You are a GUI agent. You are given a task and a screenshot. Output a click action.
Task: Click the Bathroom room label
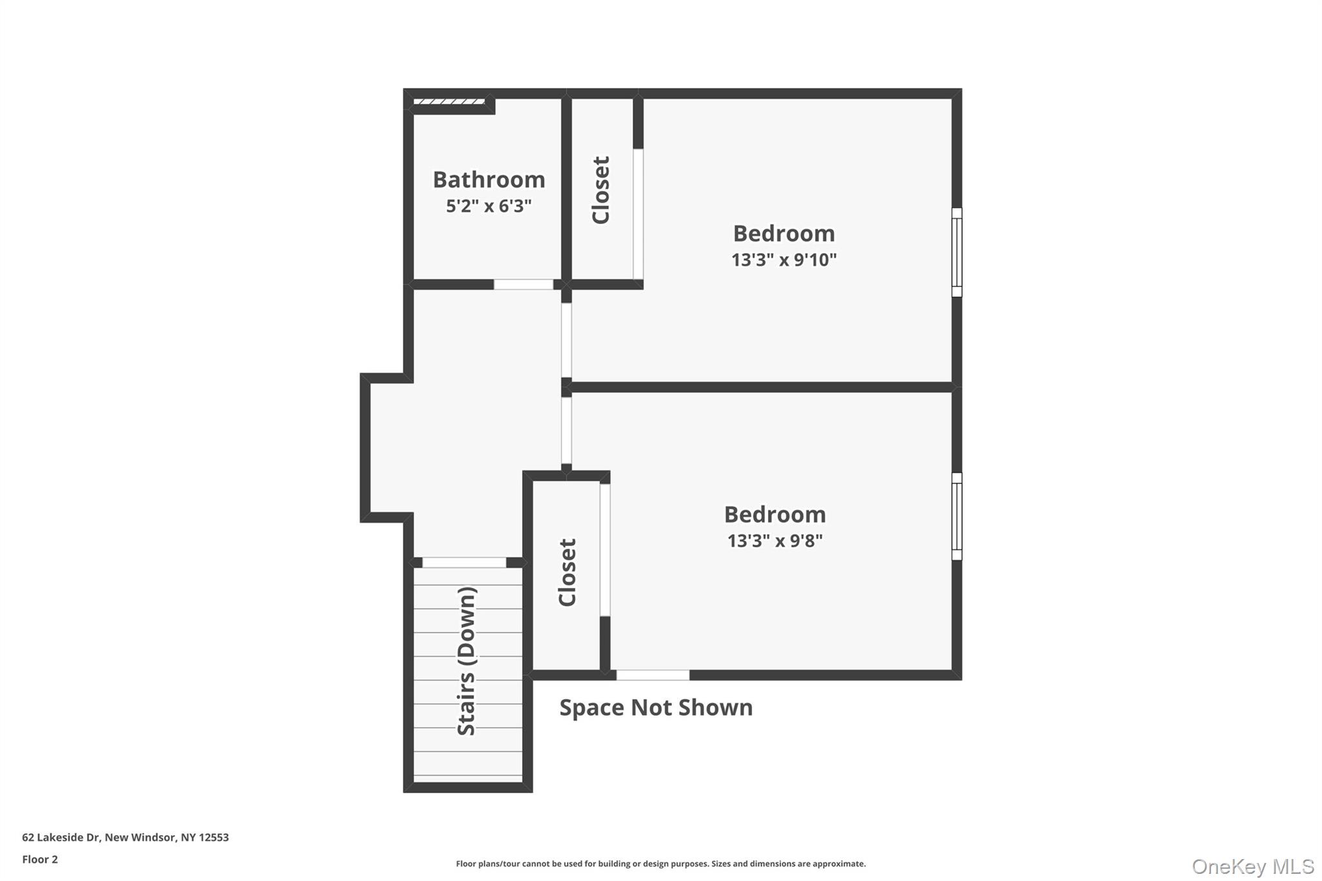(x=489, y=179)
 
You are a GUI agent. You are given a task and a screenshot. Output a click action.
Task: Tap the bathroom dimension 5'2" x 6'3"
(x=489, y=206)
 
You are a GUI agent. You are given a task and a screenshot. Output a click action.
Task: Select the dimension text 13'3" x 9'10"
(x=784, y=259)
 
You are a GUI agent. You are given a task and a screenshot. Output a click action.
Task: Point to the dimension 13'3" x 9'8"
(x=775, y=540)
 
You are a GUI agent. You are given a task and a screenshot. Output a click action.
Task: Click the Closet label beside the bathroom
(x=601, y=190)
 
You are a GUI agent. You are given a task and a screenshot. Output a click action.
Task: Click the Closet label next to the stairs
(x=567, y=572)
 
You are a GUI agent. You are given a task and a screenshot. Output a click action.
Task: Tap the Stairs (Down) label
(x=467, y=660)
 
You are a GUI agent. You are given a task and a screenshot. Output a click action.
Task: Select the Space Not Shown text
(x=656, y=707)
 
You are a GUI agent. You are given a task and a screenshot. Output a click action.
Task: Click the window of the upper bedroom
(x=957, y=252)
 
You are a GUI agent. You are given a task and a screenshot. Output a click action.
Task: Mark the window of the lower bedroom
(x=957, y=516)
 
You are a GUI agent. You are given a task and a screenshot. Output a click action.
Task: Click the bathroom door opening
(x=524, y=285)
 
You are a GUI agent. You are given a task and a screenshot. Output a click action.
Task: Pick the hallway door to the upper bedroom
(x=566, y=340)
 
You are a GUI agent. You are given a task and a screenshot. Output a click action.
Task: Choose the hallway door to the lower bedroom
(x=566, y=430)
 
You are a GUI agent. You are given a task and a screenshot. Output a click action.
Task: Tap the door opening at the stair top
(x=464, y=563)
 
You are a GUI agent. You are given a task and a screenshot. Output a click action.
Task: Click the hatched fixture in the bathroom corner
(x=449, y=101)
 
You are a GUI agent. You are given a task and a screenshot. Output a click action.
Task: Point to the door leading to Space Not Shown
(x=653, y=675)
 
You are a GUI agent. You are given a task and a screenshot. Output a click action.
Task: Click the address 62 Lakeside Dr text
(x=125, y=837)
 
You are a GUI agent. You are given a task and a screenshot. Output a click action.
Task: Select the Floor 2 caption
(x=40, y=859)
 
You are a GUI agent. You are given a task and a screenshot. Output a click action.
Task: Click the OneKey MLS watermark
(x=1252, y=866)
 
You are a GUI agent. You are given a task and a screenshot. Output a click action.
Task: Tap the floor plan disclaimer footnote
(x=660, y=864)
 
